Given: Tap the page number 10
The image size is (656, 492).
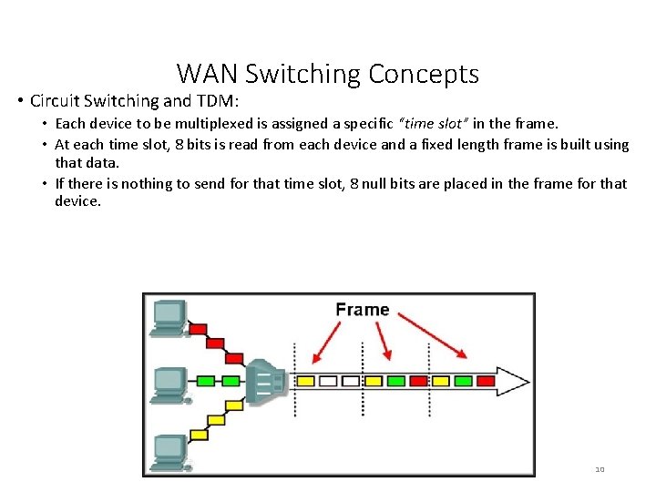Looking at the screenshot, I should tap(600, 469).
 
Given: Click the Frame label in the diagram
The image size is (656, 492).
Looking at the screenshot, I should tap(362, 310).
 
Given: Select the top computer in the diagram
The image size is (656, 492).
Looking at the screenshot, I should tap(168, 315).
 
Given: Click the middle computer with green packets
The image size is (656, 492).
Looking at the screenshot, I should tap(168, 383).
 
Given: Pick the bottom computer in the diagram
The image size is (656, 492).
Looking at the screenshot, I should tap(168, 450).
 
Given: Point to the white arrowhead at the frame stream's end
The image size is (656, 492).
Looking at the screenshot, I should tap(516, 381).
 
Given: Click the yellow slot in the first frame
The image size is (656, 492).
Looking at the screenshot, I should tap(306, 381).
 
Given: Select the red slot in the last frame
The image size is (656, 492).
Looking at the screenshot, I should tap(486, 381).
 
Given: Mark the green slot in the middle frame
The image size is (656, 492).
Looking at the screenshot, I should tap(395, 381).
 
